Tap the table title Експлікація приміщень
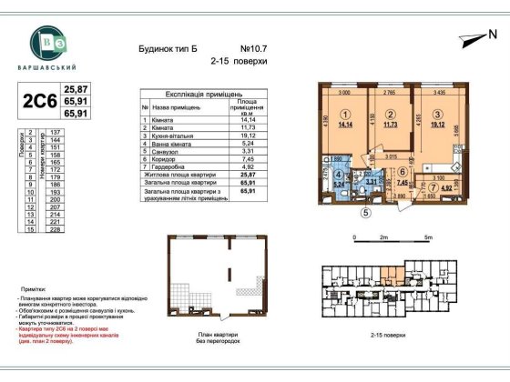pyautogui.click(x=202, y=94)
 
